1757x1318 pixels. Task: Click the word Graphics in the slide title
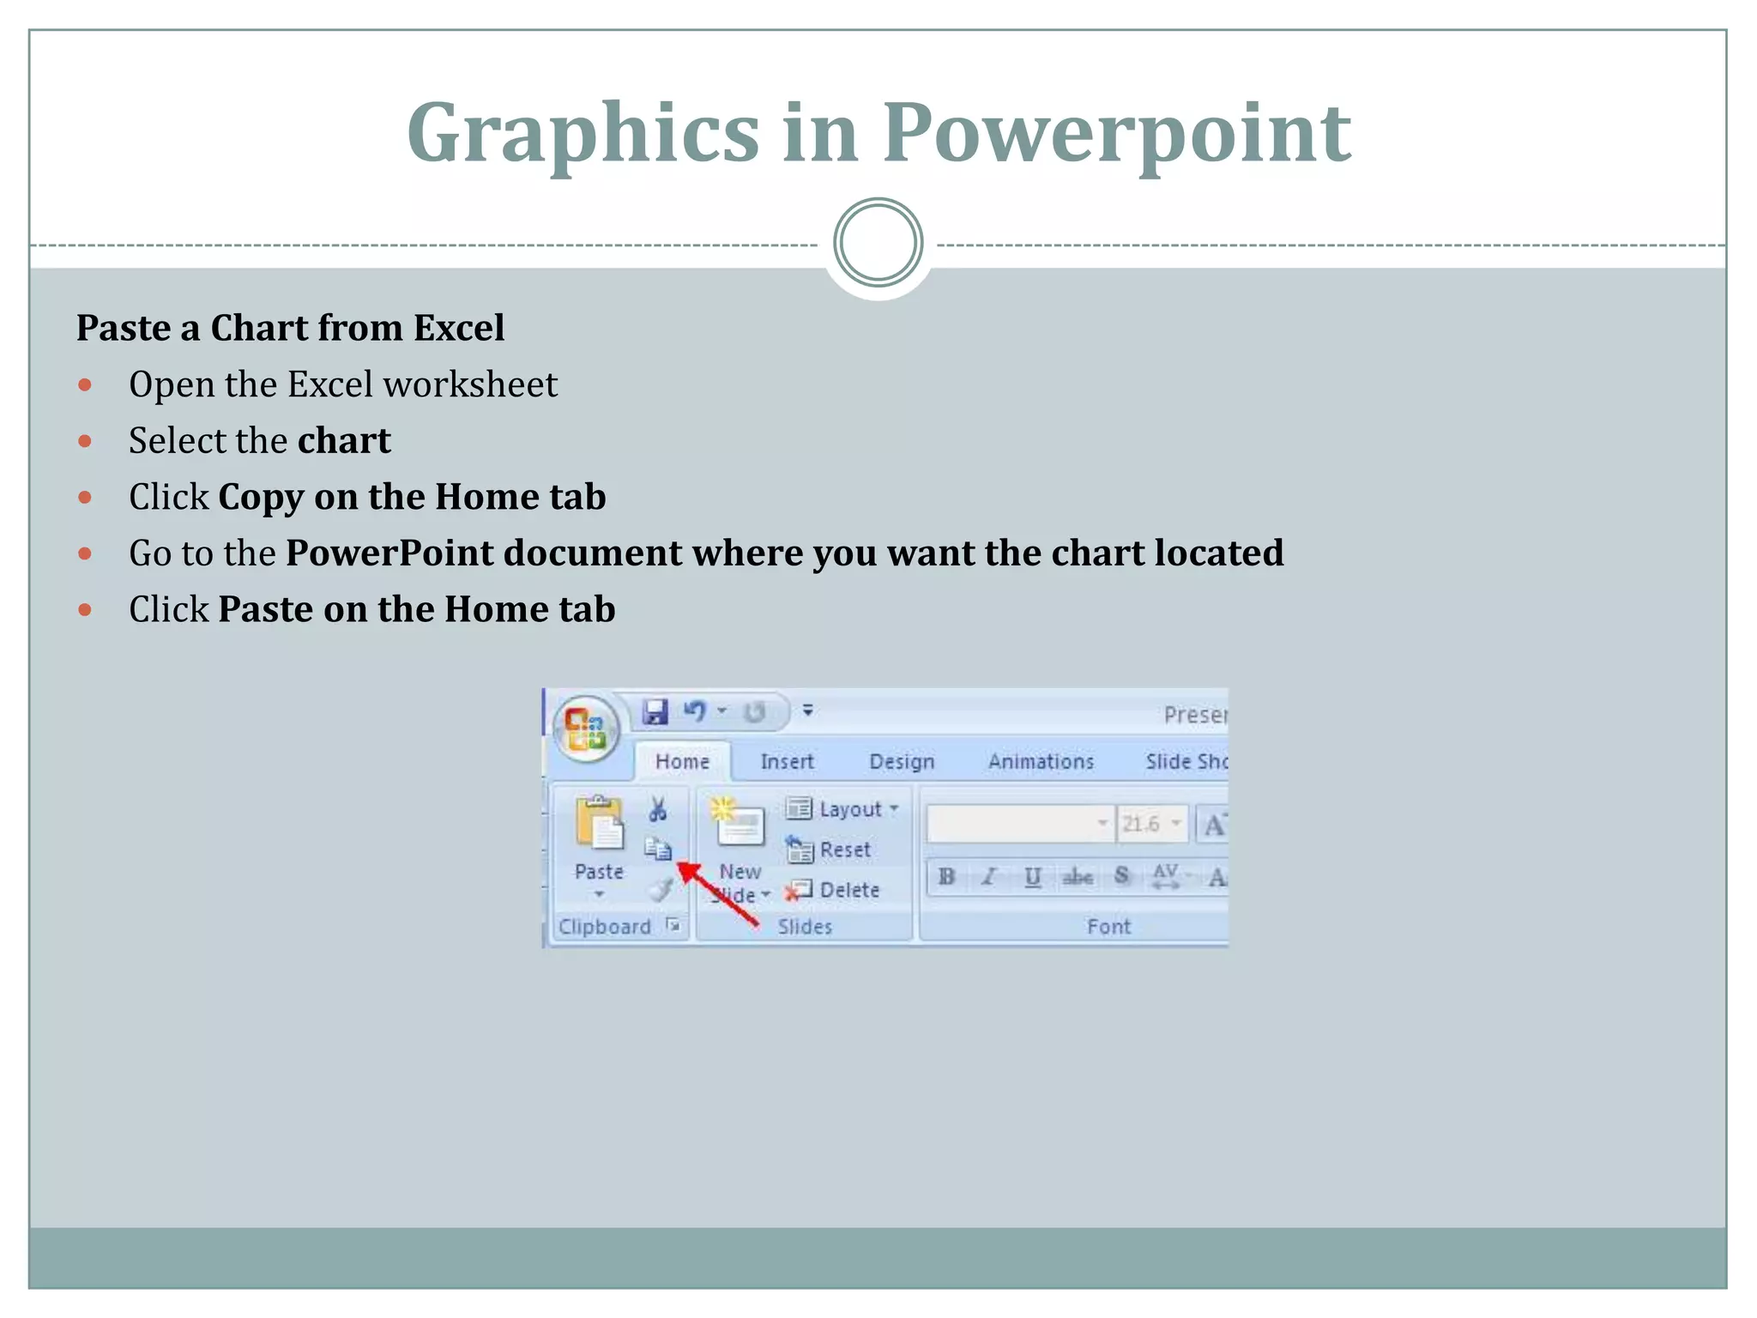[583, 133]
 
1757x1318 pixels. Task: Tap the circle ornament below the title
[878, 243]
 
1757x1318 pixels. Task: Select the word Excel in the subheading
[459, 328]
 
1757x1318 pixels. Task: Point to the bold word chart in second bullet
[344, 441]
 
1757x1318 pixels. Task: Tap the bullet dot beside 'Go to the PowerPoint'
[84, 553]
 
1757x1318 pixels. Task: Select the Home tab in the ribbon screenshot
[682, 762]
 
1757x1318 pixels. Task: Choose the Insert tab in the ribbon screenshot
[787, 762]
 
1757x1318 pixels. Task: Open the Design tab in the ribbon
[902, 762]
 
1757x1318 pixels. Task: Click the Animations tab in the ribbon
[1041, 762]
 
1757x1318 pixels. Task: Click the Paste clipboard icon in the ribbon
[599, 824]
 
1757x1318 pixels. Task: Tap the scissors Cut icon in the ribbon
[658, 809]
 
